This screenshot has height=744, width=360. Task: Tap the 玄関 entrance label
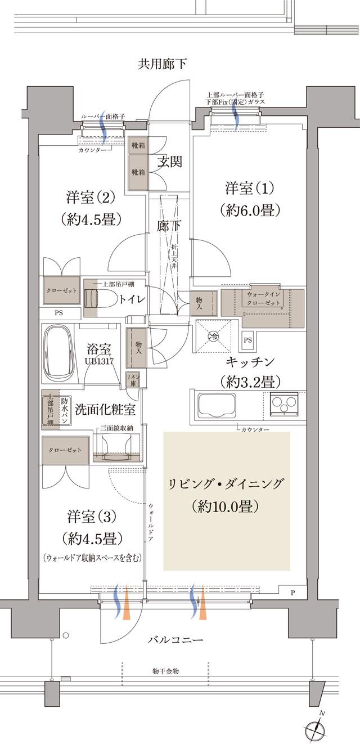169,162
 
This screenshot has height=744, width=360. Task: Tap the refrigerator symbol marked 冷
213,337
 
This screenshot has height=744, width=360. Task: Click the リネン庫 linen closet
133,378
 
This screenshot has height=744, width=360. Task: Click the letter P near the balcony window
292,593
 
